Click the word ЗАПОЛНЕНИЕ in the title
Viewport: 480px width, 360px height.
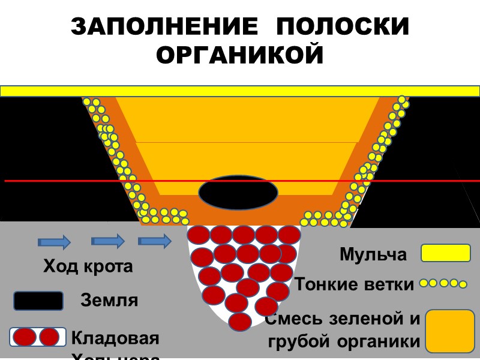(161, 28)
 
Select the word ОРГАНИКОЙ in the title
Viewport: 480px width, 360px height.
(240, 55)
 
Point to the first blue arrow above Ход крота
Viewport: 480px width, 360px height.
(55, 242)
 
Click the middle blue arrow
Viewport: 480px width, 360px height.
(108, 241)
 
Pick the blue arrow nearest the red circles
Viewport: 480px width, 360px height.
(155, 241)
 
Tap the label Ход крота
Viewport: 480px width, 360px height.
(88, 266)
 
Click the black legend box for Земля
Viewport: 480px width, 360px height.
(38, 301)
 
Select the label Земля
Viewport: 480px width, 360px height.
(109, 300)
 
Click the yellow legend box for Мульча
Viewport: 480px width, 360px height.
(445, 253)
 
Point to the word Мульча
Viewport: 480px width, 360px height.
(373, 254)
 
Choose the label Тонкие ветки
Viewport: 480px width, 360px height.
(355, 284)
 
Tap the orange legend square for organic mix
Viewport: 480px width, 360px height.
(449, 331)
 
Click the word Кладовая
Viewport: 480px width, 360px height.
(115, 338)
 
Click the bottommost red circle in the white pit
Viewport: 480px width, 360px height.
(240, 322)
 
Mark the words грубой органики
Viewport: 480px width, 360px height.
(344, 342)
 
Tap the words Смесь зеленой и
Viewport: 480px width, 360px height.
(343, 319)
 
